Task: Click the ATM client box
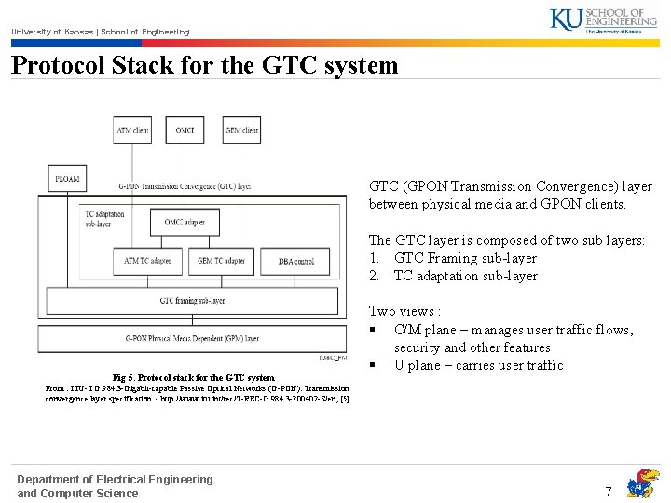click(131, 130)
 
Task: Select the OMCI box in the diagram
click(185, 130)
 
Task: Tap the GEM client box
click(241, 130)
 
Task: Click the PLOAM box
click(66, 178)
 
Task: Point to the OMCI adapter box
click(185, 222)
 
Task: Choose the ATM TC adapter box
click(147, 261)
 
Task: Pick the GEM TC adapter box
click(220, 261)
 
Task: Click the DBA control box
click(296, 261)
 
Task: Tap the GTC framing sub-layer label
click(192, 301)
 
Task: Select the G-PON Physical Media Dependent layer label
click(192, 337)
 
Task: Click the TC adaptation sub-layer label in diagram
click(103, 219)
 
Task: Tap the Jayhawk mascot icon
click(642, 483)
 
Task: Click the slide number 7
click(609, 491)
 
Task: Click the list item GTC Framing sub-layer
click(465, 258)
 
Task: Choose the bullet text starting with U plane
click(478, 365)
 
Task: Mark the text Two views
click(404, 311)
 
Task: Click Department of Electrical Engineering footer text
click(115, 479)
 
